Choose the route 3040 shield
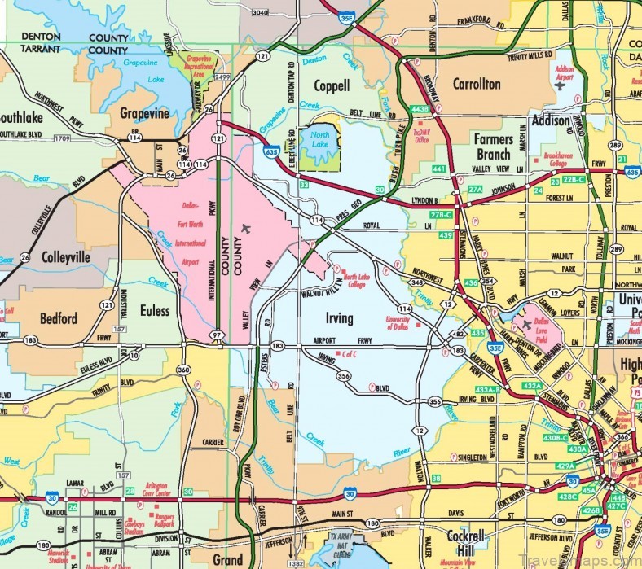click(260, 12)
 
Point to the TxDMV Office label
click(421, 135)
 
